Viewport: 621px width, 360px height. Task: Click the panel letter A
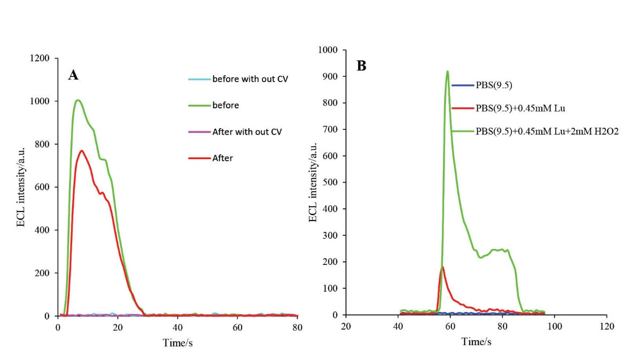[73, 75]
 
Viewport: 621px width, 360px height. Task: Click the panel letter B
[361, 66]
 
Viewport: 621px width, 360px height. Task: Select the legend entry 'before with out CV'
[246, 80]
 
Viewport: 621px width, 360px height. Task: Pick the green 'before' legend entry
[226, 105]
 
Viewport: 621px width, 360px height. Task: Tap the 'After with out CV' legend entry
[246, 131]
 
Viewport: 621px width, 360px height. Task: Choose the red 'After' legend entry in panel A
[222, 158]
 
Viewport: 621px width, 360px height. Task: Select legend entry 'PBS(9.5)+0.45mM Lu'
[514, 107]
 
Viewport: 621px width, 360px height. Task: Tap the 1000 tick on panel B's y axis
[327, 50]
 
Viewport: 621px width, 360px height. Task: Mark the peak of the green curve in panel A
[78, 100]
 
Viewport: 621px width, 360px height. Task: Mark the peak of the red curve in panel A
[82, 151]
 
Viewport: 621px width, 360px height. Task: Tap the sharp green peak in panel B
[447, 71]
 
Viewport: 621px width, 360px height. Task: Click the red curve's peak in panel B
[443, 267]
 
